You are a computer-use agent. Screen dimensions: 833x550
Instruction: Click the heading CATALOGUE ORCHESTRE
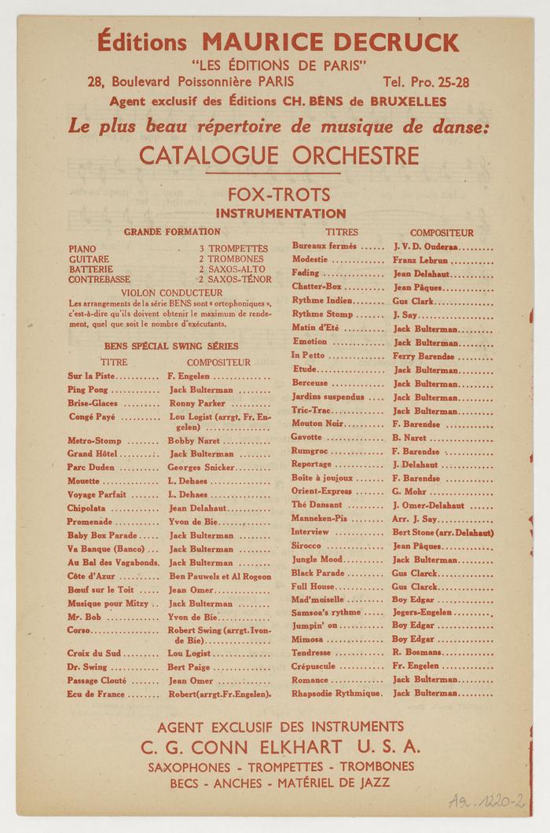279,154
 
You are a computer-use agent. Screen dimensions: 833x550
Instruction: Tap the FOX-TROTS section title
279,194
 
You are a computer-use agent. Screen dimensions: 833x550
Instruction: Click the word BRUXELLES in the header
401,101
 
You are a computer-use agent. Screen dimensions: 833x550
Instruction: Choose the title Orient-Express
321,491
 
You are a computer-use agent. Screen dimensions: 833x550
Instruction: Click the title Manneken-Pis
321,519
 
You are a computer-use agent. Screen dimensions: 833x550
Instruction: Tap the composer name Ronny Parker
197,403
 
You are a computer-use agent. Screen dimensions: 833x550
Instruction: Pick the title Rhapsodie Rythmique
336,693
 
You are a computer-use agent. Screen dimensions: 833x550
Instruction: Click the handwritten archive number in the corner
486,801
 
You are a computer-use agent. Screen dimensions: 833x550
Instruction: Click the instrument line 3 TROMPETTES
233,248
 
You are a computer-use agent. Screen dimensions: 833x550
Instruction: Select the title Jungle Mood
317,560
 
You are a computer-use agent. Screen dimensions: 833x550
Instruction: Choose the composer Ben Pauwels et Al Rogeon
219,576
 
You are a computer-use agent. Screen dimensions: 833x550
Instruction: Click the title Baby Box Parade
102,535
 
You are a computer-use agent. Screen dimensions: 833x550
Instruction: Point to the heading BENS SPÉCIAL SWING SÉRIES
171,346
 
